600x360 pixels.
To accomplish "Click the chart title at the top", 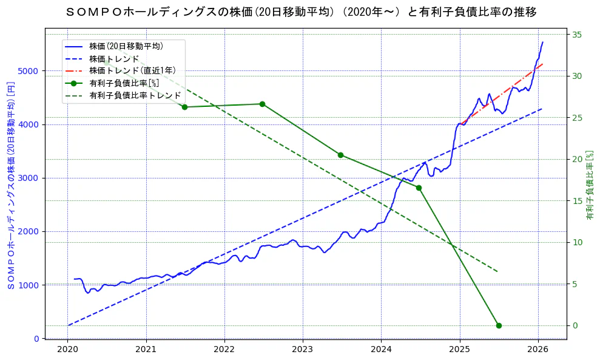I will [x=300, y=12].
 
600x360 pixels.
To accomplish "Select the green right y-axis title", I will [x=590, y=185].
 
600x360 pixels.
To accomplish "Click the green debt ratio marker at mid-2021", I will [x=184, y=107].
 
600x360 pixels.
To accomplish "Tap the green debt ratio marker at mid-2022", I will [x=262, y=104].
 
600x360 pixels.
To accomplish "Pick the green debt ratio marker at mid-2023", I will [x=340, y=155].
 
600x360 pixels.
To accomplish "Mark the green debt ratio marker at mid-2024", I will [x=419, y=188].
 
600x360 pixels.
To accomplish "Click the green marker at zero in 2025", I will [x=499, y=325].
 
